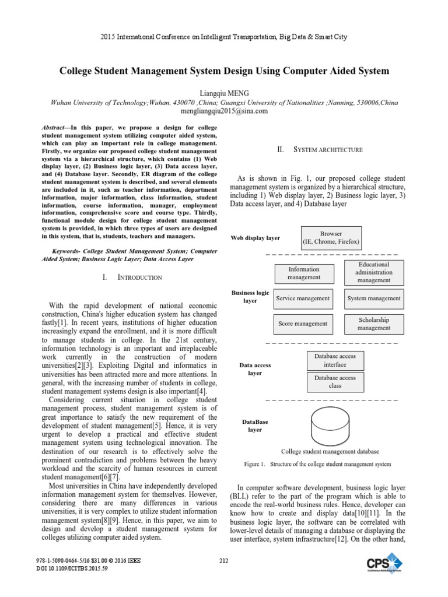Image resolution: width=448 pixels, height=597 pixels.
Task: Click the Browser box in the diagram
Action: click(331, 237)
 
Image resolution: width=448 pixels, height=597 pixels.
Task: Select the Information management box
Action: click(304, 273)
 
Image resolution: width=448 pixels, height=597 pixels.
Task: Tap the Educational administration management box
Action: click(374, 272)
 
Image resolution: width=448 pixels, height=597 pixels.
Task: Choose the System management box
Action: click(374, 298)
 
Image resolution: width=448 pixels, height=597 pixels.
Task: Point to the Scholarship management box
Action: click(374, 324)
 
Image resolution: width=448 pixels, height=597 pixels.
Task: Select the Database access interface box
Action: click(335, 360)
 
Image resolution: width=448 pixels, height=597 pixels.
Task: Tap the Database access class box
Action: click(335, 382)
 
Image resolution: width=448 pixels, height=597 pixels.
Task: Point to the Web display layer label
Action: click(256, 238)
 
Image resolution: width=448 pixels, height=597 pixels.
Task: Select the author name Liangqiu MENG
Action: click(224, 93)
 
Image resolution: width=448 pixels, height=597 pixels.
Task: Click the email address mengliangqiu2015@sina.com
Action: click(224, 111)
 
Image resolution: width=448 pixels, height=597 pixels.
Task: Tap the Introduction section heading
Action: click(132, 278)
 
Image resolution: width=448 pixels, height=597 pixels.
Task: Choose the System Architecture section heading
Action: click(320, 150)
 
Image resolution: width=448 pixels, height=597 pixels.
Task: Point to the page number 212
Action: click(224, 561)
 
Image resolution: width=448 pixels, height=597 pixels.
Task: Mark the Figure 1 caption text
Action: click(317, 464)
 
